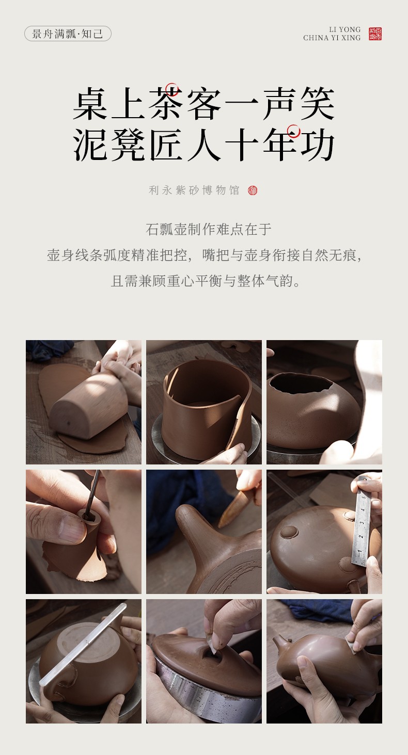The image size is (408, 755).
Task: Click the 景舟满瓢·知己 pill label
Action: tap(68, 34)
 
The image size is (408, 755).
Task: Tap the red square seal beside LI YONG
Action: tap(375, 34)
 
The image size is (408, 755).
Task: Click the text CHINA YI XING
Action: tap(332, 38)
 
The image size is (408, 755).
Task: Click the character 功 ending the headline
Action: tap(317, 145)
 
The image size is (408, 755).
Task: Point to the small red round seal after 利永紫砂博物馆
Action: tap(253, 190)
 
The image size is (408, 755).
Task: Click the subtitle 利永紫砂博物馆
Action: tap(194, 190)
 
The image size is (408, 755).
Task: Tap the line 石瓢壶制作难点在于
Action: tap(208, 230)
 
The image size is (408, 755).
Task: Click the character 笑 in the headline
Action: tap(317, 103)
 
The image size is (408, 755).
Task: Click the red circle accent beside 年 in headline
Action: tap(293, 131)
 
